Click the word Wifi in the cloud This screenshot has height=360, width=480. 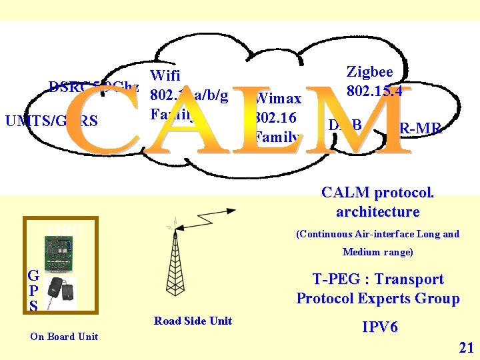click(x=166, y=75)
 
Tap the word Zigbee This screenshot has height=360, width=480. click(x=369, y=72)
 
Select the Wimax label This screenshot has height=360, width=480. click(x=279, y=99)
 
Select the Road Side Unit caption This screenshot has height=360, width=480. click(x=193, y=321)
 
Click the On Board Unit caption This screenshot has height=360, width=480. click(x=64, y=336)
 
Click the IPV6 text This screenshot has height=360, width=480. click(x=380, y=327)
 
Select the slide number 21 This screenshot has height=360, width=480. click(x=466, y=347)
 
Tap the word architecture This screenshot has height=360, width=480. click(x=377, y=212)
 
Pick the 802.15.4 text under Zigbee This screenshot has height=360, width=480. click(x=374, y=91)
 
